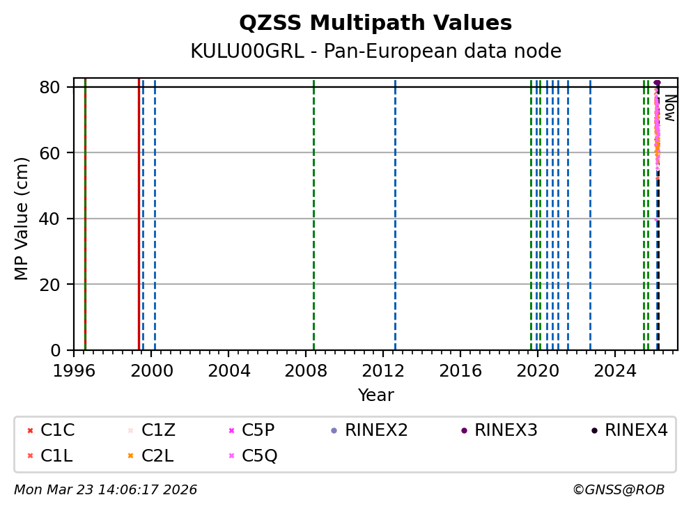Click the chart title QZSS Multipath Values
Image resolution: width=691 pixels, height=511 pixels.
click(375, 23)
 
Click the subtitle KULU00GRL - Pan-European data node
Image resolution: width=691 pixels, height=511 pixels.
click(375, 52)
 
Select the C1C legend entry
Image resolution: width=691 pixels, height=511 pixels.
click(57, 430)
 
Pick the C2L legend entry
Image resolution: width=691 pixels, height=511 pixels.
click(158, 456)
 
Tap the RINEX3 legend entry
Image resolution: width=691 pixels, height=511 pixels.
click(506, 430)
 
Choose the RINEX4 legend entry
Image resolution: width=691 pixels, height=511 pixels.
click(636, 430)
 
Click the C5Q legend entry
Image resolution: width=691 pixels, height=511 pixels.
click(259, 456)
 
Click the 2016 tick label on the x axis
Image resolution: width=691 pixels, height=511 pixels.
click(460, 370)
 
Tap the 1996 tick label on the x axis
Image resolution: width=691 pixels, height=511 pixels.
click(74, 370)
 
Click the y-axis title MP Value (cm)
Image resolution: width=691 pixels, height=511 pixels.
click(22, 219)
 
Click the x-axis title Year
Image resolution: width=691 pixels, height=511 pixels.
click(375, 395)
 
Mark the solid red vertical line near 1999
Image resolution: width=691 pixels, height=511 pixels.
click(139, 209)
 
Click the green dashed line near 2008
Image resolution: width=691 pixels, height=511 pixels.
click(313, 209)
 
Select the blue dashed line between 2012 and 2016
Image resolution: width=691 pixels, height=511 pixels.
click(395, 209)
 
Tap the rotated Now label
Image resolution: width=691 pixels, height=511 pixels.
click(669, 108)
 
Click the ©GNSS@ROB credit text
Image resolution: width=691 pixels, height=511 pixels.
click(619, 490)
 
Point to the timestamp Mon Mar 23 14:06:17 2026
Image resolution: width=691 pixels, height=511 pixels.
click(105, 490)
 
